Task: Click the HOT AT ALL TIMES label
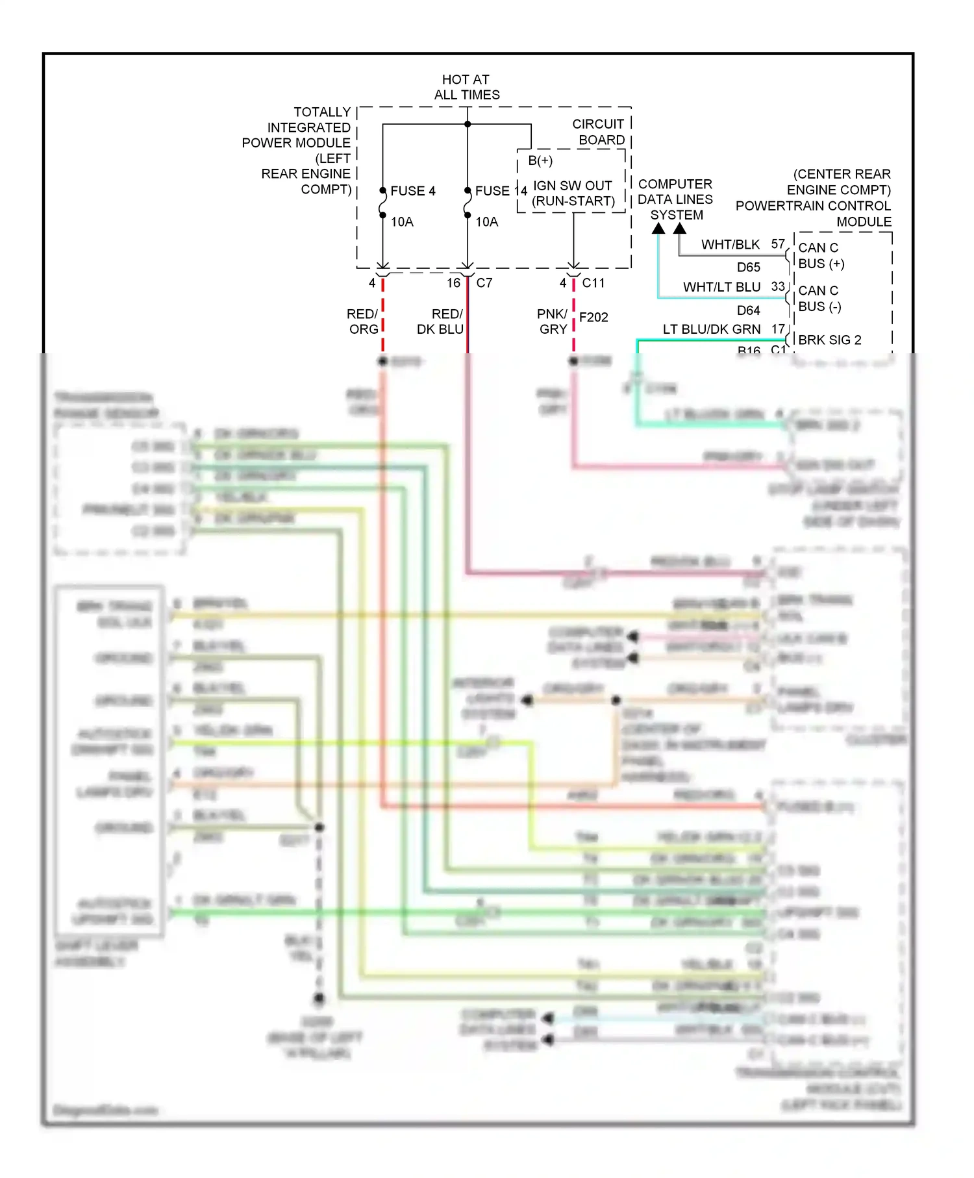click(x=466, y=87)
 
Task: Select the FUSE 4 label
click(x=412, y=191)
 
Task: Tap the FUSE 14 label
click(x=501, y=191)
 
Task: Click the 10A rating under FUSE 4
click(x=402, y=222)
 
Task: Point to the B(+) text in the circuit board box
click(x=540, y=160)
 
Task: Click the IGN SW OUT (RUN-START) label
click(x=573, y=194)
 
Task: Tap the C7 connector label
click(x=484, y=283)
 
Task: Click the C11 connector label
click(x=593, y=283)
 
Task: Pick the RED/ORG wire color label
click(x=363, y=321)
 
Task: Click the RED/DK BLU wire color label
click(x=441, y=321)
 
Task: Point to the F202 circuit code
click(x=593, y=318)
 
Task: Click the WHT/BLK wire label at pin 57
click(x=730, y=245)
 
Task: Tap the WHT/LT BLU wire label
click(x=721, y=287)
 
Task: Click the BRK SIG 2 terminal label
click(x=830, y=340)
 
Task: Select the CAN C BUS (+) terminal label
click(x=821, y=256)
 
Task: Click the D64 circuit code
click(x=748, y=310)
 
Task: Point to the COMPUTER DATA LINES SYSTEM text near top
click(x=675, y=199)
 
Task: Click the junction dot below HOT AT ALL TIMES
click(x=468, y=124)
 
